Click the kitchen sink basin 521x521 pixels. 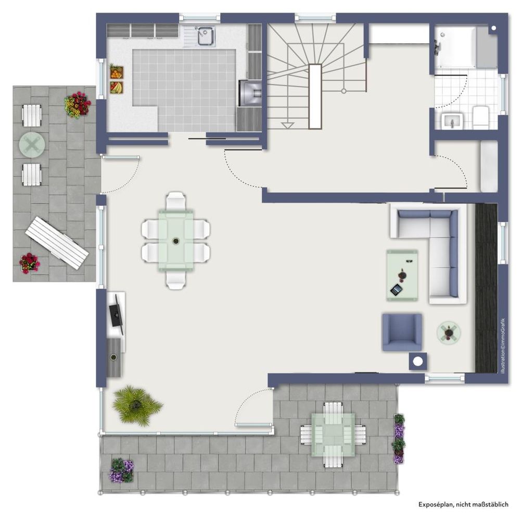click(x=206, y=36)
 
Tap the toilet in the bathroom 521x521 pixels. click(x=480, y=117)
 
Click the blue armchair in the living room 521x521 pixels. click(x=402, y=332)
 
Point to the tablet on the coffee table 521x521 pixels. click(x=397, y=290)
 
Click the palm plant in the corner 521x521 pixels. click(x=137, y=405)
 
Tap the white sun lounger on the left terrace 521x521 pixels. click(x=57, y=243)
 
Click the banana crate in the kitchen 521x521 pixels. click(x=117, y=88)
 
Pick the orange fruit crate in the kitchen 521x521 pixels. click(x=117, y=72)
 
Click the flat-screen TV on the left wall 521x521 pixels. click(x=117, y=314)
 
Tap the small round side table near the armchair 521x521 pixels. click(x=449, y=332)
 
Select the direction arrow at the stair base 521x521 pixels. click(x=287, y=126)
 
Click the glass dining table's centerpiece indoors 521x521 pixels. click(x=176, y=241)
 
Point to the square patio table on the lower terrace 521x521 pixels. click(x=333, y=435)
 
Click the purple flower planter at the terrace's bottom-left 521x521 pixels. click(x=122, y=470)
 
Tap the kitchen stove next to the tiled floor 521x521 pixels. click(x=250, y=93)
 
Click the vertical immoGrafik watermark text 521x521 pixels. click(x=503, y=345)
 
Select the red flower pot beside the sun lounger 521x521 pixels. click(x=29, y=263)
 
